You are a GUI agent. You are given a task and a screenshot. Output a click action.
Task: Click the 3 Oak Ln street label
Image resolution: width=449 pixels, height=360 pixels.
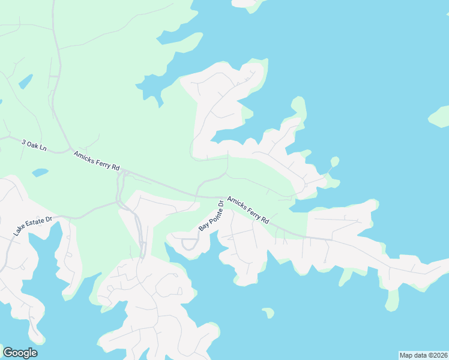pyautogui.click(x=34, y=145)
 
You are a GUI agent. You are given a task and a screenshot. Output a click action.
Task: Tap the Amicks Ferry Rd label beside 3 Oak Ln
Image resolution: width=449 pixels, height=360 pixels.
pyautogui.click(x=97, y=160)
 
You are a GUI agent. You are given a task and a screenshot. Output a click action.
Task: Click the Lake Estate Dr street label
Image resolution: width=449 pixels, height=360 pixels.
pyautogui.click(x=34, y=226)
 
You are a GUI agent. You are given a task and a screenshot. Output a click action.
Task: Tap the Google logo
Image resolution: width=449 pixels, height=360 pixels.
pyautogui.click(x=20, y=353)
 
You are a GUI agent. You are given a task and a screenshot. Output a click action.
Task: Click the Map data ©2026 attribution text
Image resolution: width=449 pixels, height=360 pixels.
pyautogui.click(x=423, y=355)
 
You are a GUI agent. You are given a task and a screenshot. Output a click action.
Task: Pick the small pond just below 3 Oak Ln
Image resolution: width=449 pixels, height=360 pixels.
pyautogui.click(x=40, y=173)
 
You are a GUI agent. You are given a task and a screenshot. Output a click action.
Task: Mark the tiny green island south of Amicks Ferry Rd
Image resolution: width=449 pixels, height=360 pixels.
pyautogui.click(x=268, y=313)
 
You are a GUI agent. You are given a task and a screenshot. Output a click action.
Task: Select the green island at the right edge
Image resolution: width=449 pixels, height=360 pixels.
pyautogui.click(x=439, y=116)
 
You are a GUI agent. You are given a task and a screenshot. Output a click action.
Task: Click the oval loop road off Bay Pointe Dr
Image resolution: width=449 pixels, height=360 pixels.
pyautogui.click(x=190, y=243)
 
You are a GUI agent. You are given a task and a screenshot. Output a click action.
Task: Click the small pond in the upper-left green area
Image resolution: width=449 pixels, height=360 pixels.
pyautogui.click(x=25, y=81)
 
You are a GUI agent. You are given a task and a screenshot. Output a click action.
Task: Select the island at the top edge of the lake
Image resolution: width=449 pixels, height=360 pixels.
pyautogui.click(x=247, y=3)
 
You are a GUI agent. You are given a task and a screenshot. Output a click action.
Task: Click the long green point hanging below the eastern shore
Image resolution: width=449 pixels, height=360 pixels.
pyautogui.click(x=392, y=300)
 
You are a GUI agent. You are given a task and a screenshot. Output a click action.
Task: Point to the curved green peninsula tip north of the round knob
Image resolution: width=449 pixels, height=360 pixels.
pyautogui.click(x=298, y=107)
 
